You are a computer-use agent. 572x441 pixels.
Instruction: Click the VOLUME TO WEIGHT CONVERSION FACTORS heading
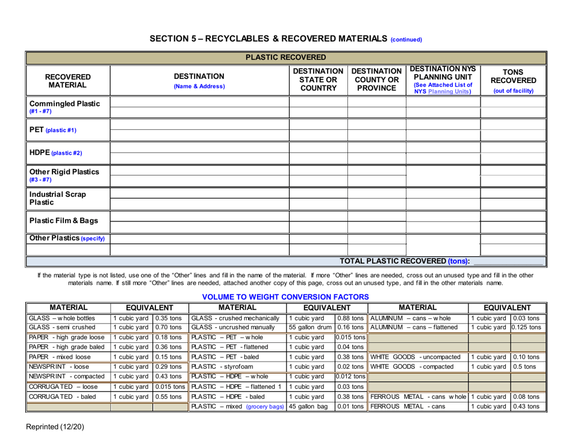[x=285, y=297]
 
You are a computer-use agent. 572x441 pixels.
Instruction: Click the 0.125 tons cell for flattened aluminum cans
[x=527, y=328]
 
